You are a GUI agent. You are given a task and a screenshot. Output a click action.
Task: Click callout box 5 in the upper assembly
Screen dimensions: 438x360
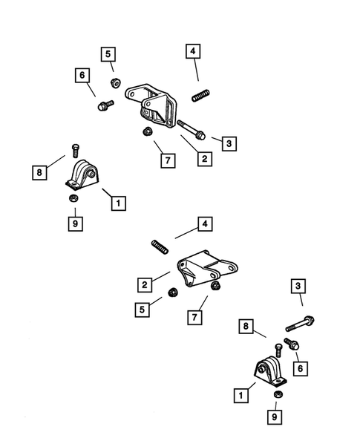[108, 53]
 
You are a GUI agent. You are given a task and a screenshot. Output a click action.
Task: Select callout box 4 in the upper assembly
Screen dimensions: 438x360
[193, 52]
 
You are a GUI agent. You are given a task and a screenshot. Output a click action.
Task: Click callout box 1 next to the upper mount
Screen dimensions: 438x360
[117, 201]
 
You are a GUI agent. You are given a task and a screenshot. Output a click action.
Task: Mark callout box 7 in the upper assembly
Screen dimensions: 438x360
[168, 160]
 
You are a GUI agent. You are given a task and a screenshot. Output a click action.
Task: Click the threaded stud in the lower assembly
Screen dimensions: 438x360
[159, 246]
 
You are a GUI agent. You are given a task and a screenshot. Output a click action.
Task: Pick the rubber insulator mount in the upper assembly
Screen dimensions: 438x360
[80, 178]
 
